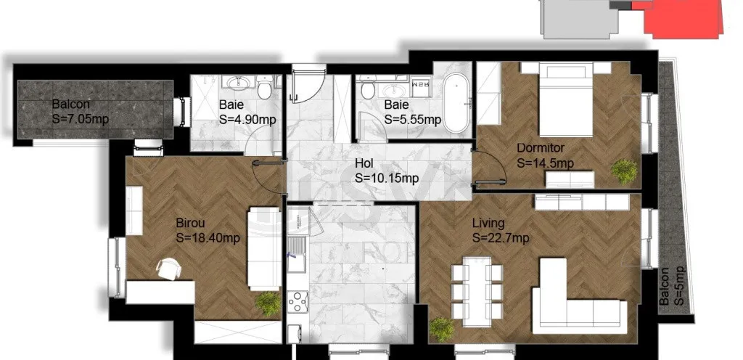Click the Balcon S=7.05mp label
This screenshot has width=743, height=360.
(x=80, y=111)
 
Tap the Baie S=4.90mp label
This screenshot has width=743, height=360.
(x=247, y=112)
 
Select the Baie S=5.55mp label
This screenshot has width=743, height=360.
(x=413, y=112)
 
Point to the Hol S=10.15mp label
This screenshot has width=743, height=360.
(x=387, y=171)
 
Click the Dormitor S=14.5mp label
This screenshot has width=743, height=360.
(x=545, y=155)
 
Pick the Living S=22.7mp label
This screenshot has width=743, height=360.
(x=501, y=230)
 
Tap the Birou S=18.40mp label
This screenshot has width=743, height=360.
(x=208, y=230)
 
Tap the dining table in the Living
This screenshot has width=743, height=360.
(x=477, y=291)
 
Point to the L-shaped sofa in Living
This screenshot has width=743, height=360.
(x=575, y=297)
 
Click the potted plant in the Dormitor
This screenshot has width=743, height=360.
(x=624, y=171)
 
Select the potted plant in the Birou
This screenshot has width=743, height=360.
(x=268, y=303)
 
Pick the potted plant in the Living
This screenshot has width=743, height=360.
(x=442, y=330)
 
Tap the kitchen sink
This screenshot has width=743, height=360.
(x=297, y=255)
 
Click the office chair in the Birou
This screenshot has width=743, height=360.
(x=168, y=268)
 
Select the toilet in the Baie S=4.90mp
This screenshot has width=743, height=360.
(x=265, y=88)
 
